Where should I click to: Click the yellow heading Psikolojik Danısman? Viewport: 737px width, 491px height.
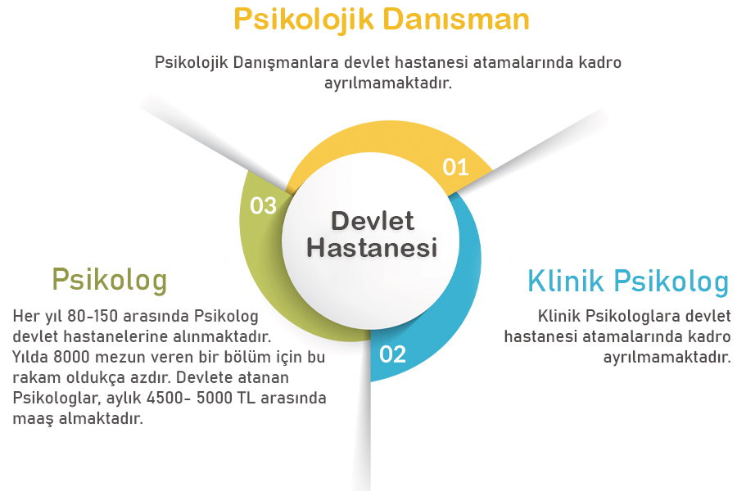pyautogui.click(x=381, y=19)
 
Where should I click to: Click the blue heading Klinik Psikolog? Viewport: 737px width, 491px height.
pyautogui.click(x=628, y=282)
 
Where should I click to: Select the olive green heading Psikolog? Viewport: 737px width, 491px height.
pyautogui.click(x=109, y=279)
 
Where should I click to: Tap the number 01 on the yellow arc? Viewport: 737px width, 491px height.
pyautogui.click(x=455, y=167)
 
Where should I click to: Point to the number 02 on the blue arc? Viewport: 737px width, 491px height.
pyautogui.click(x=393, y=354)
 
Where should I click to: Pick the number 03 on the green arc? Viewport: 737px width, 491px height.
pyautogui.click(x=263, y=205)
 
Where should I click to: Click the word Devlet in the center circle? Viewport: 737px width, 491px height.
pyautogui.click(x=373, y=220)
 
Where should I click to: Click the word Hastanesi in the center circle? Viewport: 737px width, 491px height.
pyautogui.click(x=373, y=247)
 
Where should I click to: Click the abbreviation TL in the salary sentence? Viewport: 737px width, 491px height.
pyautogui.click(x=246, y=399)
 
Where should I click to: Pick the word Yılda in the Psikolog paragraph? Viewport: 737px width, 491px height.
pyautogui.click(x=29, y=358)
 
